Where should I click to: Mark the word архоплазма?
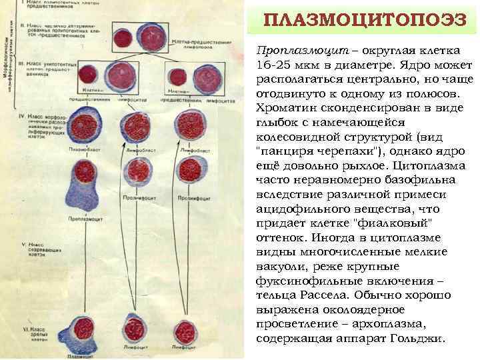[400, 324]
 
